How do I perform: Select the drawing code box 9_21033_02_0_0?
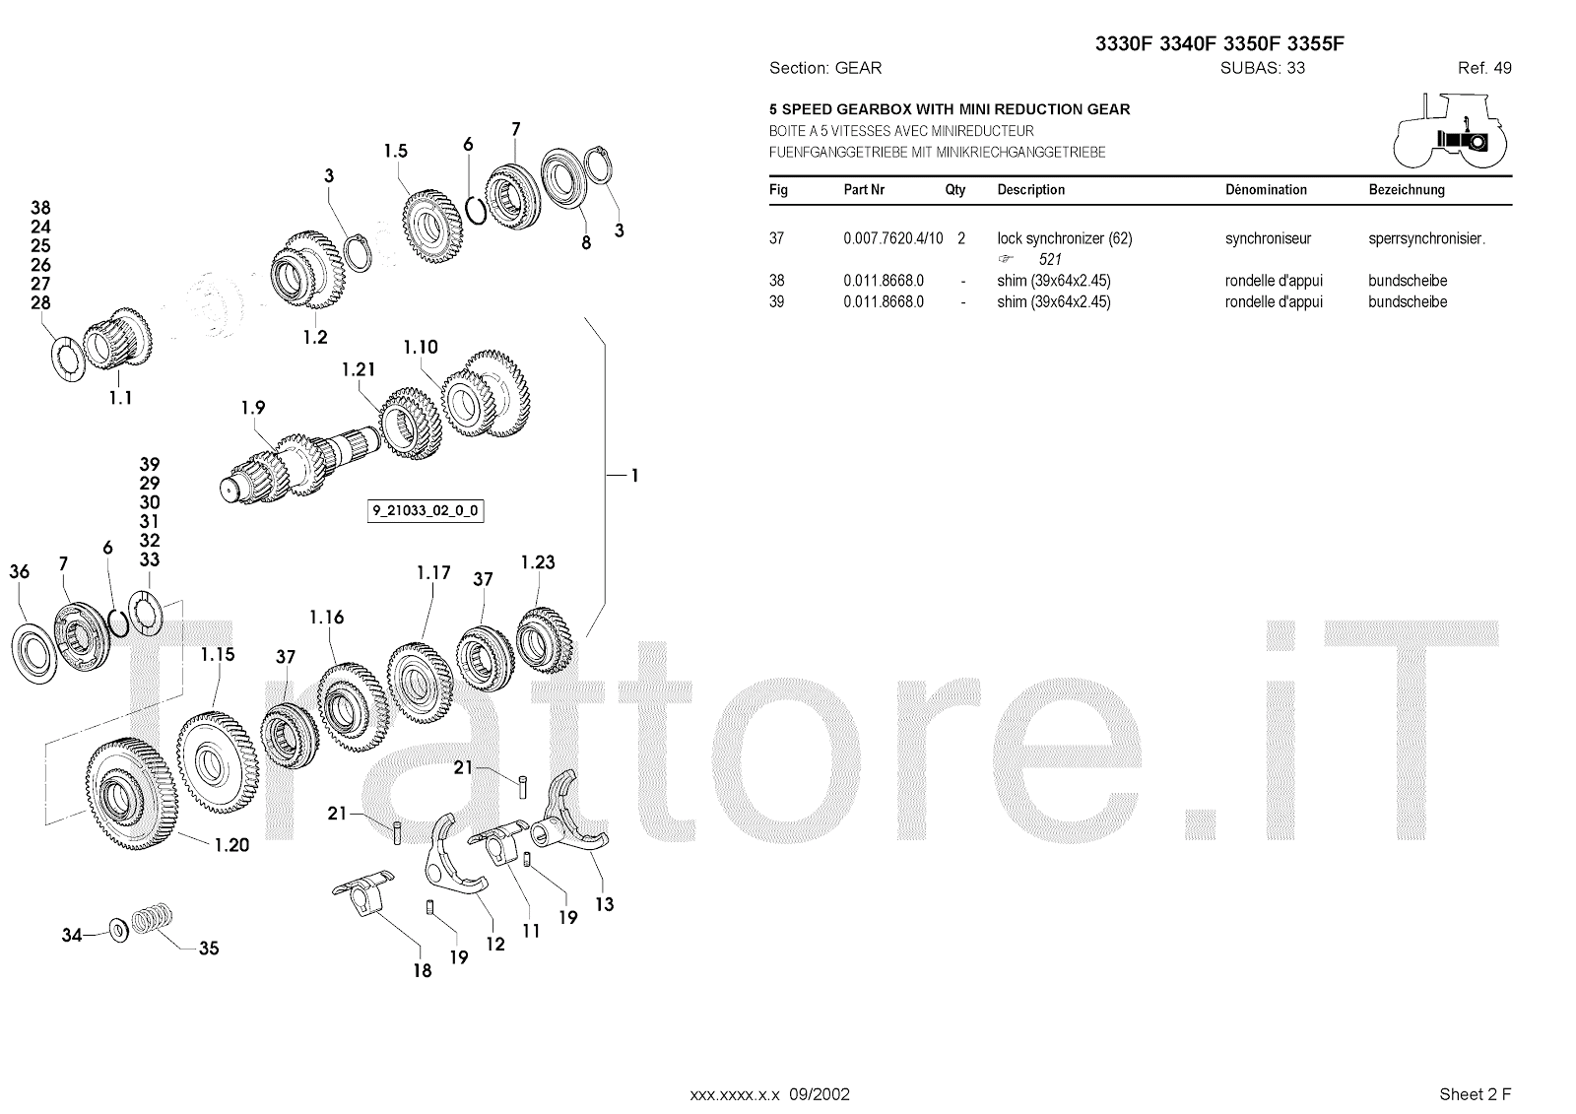(x=426, y=511)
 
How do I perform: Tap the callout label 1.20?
(x=230, y=844)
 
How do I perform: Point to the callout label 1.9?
(x=253, y=407)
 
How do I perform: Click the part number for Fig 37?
(x=892, y=238)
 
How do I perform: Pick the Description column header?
(x=1030, y=190)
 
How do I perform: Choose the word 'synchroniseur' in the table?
(x=1268, y=238)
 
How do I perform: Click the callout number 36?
(x=19, y=571)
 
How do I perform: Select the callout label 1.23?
(x=538, y=562)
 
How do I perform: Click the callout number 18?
(x=422, y=971)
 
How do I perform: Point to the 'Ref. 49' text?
(x=1484, y=68)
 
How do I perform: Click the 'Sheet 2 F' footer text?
(x=1475, y=1093)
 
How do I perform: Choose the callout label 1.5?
(x=395, y=151)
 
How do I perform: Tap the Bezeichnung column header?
(x=1406, y=190)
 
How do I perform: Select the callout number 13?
(x=604, y=903)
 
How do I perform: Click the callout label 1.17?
(x=433, y=572)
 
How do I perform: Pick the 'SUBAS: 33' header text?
(x=1262, y=68)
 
